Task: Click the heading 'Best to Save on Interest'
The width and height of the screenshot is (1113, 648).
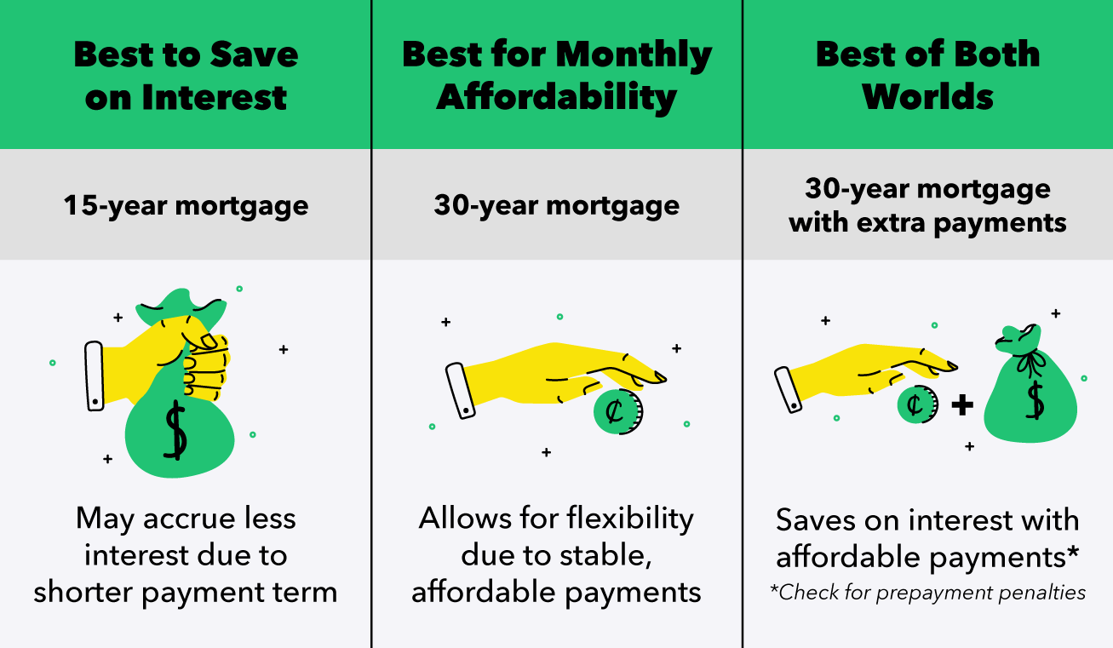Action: point(186,75)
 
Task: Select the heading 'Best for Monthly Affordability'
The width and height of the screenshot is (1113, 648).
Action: point(557,75)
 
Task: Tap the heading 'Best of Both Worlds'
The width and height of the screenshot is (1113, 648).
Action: point(927,75)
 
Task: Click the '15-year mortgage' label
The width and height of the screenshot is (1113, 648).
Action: point(186,205)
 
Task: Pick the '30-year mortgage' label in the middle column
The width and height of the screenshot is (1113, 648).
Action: point(557,205)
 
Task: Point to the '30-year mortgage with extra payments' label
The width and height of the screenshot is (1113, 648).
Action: point(927,205)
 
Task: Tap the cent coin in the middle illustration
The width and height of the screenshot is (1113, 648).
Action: point(617,412)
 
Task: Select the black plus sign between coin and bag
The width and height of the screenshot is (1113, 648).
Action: point(961,404)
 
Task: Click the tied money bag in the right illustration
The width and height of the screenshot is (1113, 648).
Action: point(1030,396)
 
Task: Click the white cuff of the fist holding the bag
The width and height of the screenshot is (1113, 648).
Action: point(95,376)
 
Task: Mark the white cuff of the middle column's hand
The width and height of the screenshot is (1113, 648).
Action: point(461,390)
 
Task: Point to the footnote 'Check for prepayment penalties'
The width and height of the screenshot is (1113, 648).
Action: point(927,593)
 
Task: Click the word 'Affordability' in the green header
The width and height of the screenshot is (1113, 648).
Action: point(557,96)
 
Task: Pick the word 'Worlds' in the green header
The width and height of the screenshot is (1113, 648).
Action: point(927,96)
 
